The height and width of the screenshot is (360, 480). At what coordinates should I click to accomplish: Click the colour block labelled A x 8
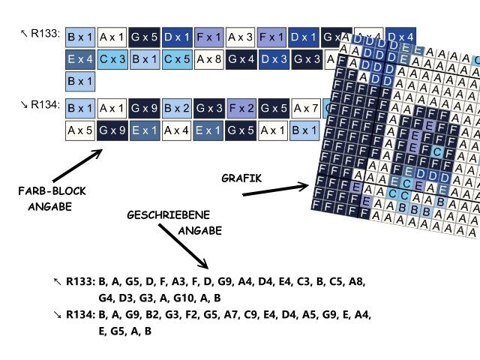208,58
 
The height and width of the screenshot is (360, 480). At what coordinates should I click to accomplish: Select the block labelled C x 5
177,58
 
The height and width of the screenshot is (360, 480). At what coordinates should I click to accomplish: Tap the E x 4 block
80,58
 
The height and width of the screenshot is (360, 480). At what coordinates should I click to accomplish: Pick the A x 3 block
241,36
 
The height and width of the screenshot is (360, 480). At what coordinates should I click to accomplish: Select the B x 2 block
177,108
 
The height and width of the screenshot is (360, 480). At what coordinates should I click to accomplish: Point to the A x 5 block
80,130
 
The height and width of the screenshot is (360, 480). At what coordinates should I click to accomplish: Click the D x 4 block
400,36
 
